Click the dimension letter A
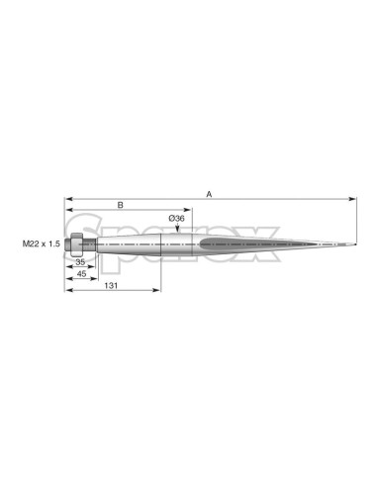pyautogui.click(x=209, y=194)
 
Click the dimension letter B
pyautogui.click(x=121, y=205)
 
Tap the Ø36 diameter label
pyautogui.click(x=176, y=218)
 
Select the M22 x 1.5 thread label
pyautogui.click(x=42, y=243)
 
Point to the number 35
pyautogui.click(x=80, y=262)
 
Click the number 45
pyautogui.click(x=81, y=274)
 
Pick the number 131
pyautogui.click(x=111, y=286)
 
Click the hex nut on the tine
pyautogui.click(x=76, y=244)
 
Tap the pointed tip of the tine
pyautogui.click(x=355, y=244)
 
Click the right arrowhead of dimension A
pyautogui.click(x=352, y=199)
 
